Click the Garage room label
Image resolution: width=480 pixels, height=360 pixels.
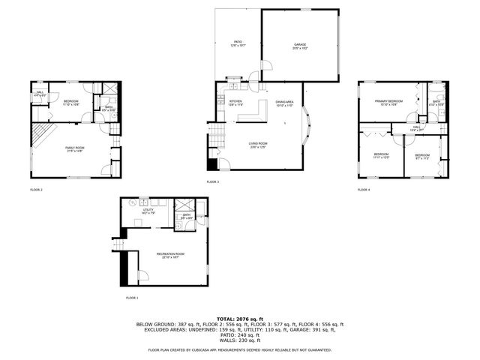tap(300, 46)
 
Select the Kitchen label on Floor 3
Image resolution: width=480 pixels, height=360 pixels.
tap(235, 102)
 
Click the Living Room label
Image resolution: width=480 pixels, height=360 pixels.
tap(258, 144)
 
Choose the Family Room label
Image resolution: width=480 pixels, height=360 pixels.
tap(73, 148)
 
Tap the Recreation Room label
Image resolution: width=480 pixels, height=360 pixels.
tap(170, 256)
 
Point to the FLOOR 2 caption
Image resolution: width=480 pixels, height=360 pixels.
tap(36, 190)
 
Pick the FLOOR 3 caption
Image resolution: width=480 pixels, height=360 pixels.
tap(213, 181)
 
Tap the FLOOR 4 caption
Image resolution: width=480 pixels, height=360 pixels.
tap(364, 190)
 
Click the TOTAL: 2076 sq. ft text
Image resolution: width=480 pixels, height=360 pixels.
tap(239, 319)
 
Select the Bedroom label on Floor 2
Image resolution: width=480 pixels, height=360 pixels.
tap(71, 102)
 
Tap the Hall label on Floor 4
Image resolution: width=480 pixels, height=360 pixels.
tap(417, 128)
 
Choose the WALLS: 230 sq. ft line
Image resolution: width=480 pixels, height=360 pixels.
tap(239, 342)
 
